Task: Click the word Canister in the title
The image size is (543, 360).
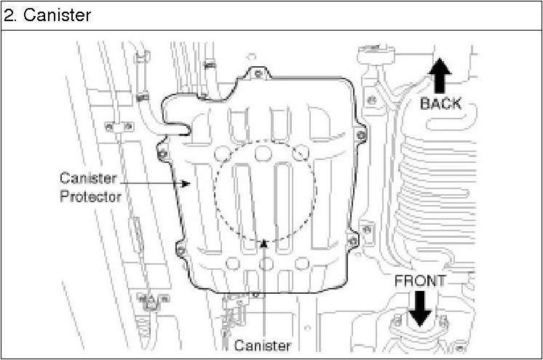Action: [58, 15]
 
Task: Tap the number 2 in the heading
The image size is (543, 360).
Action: [8, 15]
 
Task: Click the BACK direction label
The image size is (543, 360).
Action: [441, 103]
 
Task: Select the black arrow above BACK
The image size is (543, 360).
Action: [440, 76]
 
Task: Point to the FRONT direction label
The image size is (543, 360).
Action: [420, 281]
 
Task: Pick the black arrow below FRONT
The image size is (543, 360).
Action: [420, 308]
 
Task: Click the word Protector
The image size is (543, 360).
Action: [91, 196]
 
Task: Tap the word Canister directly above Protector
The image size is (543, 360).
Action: [88, 178]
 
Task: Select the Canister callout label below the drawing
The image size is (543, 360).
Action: [263, 345]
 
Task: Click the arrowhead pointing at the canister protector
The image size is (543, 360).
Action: [186, 183]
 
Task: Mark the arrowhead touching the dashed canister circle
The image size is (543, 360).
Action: [264, 244]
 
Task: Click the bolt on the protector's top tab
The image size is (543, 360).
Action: [258, 73]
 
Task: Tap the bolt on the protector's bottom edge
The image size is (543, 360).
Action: [255, 295]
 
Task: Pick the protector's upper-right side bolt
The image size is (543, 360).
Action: [361, 135]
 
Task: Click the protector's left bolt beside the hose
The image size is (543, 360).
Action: [162, 153]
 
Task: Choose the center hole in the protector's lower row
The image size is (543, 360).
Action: [266, 264]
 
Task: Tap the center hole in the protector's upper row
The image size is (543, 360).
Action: [263, 153]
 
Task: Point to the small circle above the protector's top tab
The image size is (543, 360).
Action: [252, 57]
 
